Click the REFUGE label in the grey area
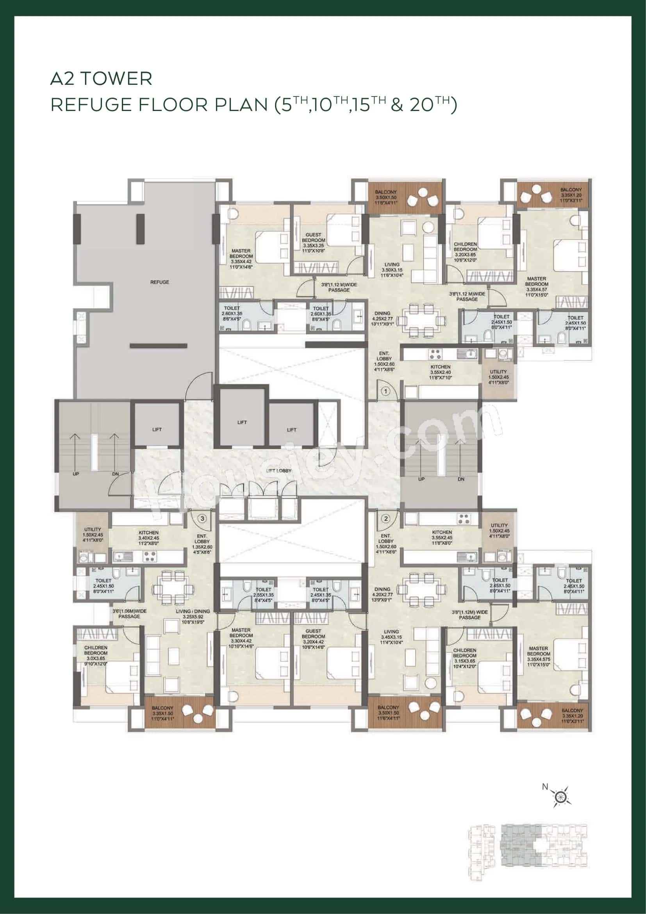point(159,282)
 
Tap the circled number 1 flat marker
point(385,391)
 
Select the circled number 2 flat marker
point(385,519)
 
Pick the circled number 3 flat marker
point(202,519)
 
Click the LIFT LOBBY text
point(279,470)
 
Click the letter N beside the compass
point(545,787)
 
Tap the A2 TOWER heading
point(101,79)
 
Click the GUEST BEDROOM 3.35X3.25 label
point(313,243)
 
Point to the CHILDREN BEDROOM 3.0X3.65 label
point(96,656)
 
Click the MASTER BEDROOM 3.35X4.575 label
point(539,659)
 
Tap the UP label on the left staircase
point(76,474)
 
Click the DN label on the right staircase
point(460,479)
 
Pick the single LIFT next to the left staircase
point(157,429)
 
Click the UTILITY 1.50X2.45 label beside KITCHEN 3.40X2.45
point(93,535)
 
